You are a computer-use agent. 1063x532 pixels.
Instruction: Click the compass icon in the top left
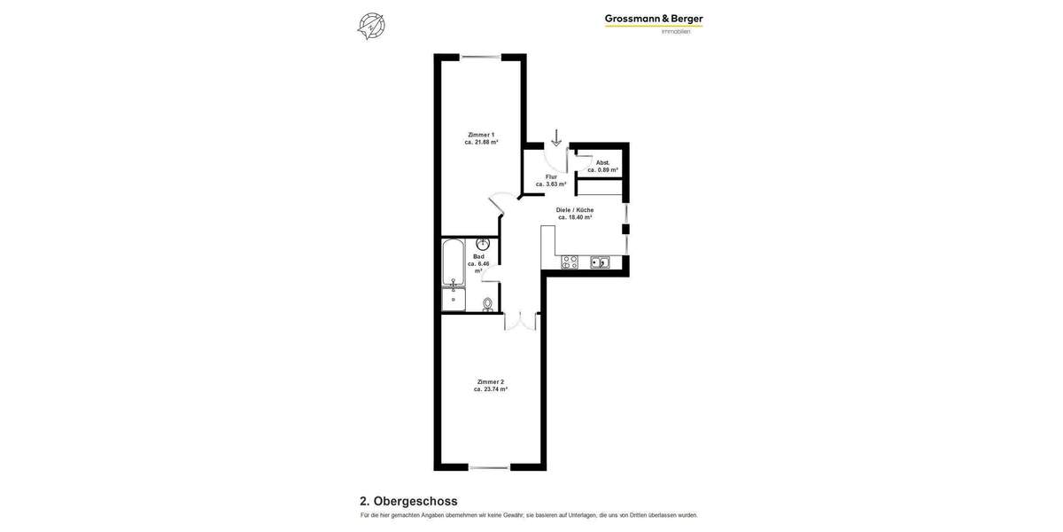(371, 26)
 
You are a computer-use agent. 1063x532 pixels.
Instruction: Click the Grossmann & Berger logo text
(654, 19)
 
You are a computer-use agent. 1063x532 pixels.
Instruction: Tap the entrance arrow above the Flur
(556, 137)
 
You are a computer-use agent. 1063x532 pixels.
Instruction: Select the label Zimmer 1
(481, 135)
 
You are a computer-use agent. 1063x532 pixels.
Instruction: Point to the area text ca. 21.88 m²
(481, 142)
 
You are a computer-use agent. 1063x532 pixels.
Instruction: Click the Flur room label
(551, 176)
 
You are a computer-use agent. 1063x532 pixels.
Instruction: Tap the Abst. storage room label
(602, 162)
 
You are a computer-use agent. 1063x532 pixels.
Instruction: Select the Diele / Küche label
(575, 210)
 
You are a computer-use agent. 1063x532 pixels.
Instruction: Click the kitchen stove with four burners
(570, 262)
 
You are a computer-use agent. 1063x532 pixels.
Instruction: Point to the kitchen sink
(600, 262)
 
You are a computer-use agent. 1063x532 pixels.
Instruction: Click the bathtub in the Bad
(453, 262)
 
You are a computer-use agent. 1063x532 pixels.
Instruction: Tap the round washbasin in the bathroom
(484, 243)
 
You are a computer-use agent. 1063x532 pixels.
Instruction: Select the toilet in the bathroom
(487, 304)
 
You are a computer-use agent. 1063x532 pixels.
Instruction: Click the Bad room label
(478, 256)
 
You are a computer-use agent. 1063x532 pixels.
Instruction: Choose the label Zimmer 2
(490, 381)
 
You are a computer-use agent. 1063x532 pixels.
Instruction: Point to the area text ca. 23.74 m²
(490, 389)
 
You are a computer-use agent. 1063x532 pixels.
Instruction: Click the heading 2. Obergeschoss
(408, 501)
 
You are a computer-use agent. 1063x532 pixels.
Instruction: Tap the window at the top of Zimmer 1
(481, 58)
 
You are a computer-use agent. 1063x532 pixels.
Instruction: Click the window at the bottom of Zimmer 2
(489, 466)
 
